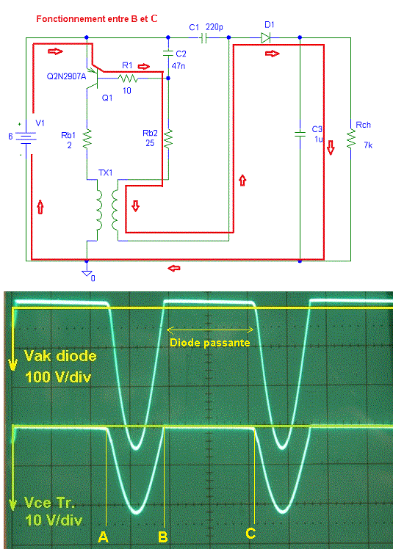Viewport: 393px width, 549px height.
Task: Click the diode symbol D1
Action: (x=266, y=37)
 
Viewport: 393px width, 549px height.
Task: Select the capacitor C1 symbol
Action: (x=203, y=38)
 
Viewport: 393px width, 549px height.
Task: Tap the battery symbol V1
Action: (x=26, y=137)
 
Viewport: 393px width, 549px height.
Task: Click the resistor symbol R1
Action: (x=127, y=79)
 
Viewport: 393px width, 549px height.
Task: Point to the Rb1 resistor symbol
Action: (x=87, y=139)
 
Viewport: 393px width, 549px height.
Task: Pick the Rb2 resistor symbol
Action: (x=168, y=139)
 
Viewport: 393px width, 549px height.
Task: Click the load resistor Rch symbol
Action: (x=350, y=139)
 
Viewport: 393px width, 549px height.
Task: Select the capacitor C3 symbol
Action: (x=300, y=134)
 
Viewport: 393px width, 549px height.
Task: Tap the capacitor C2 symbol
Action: (x=168, y=54)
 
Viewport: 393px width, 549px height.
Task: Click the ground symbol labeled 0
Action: (x=87, y=274)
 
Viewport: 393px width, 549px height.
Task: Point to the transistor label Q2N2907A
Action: (x=66, y=76)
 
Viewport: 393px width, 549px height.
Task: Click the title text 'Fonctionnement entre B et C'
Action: (x=97, y=19)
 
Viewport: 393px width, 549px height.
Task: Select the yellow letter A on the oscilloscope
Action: (x=103, y=537)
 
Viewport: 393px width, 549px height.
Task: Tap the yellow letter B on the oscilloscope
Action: (x=162, y=537)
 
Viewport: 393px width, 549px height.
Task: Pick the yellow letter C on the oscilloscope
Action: (x=250, y=534)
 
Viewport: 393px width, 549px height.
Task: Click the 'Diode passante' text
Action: (x=209, y=343)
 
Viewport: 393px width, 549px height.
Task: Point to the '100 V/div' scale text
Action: (x=58, y=377)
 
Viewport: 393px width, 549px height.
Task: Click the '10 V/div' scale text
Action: (x=54, y=520)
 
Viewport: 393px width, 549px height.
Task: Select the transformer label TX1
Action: (x=105, y=172)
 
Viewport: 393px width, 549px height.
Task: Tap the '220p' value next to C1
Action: (x=214, y=27)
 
